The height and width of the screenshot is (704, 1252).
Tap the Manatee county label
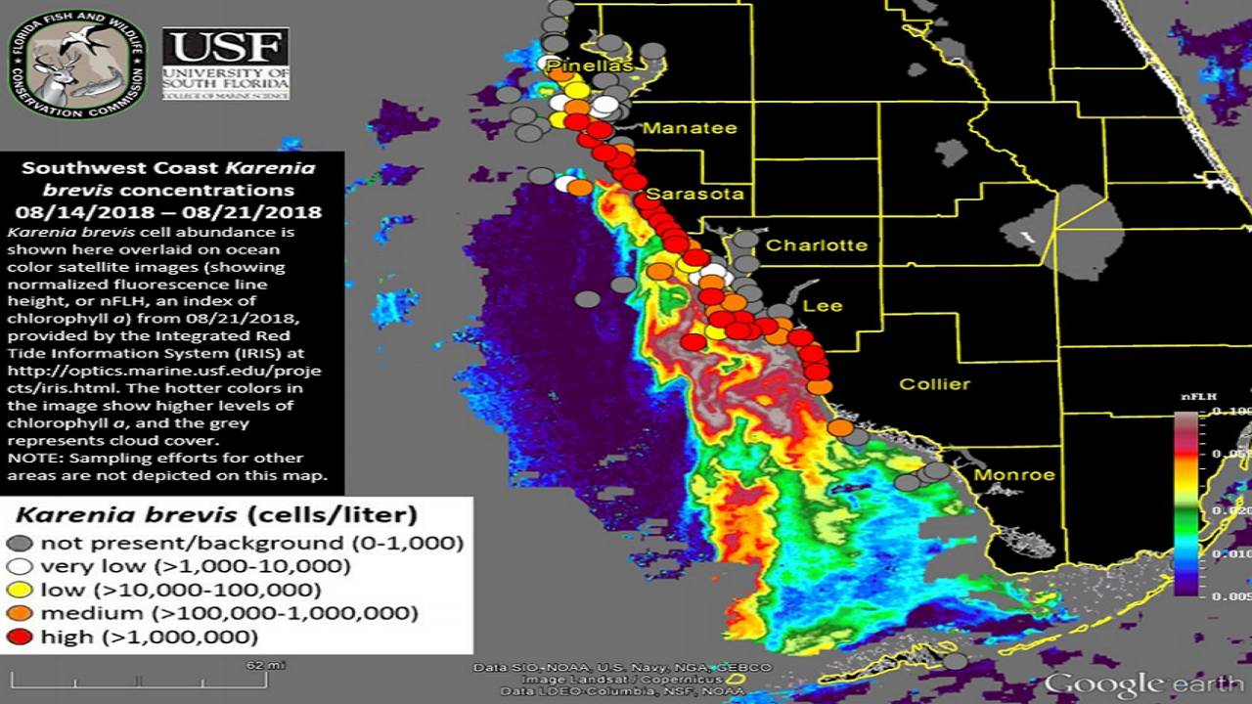690,128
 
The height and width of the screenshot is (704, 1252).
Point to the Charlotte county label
816,245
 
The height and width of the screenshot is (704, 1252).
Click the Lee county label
822,306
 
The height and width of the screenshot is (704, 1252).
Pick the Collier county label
934,384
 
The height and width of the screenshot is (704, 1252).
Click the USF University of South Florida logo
226,65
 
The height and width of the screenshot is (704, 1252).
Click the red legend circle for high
22,638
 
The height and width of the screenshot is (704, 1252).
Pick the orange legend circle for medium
22,614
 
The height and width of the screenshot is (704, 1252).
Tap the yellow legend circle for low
22,591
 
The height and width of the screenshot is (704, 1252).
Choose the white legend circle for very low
22,567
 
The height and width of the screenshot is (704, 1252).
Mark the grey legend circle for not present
22,544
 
